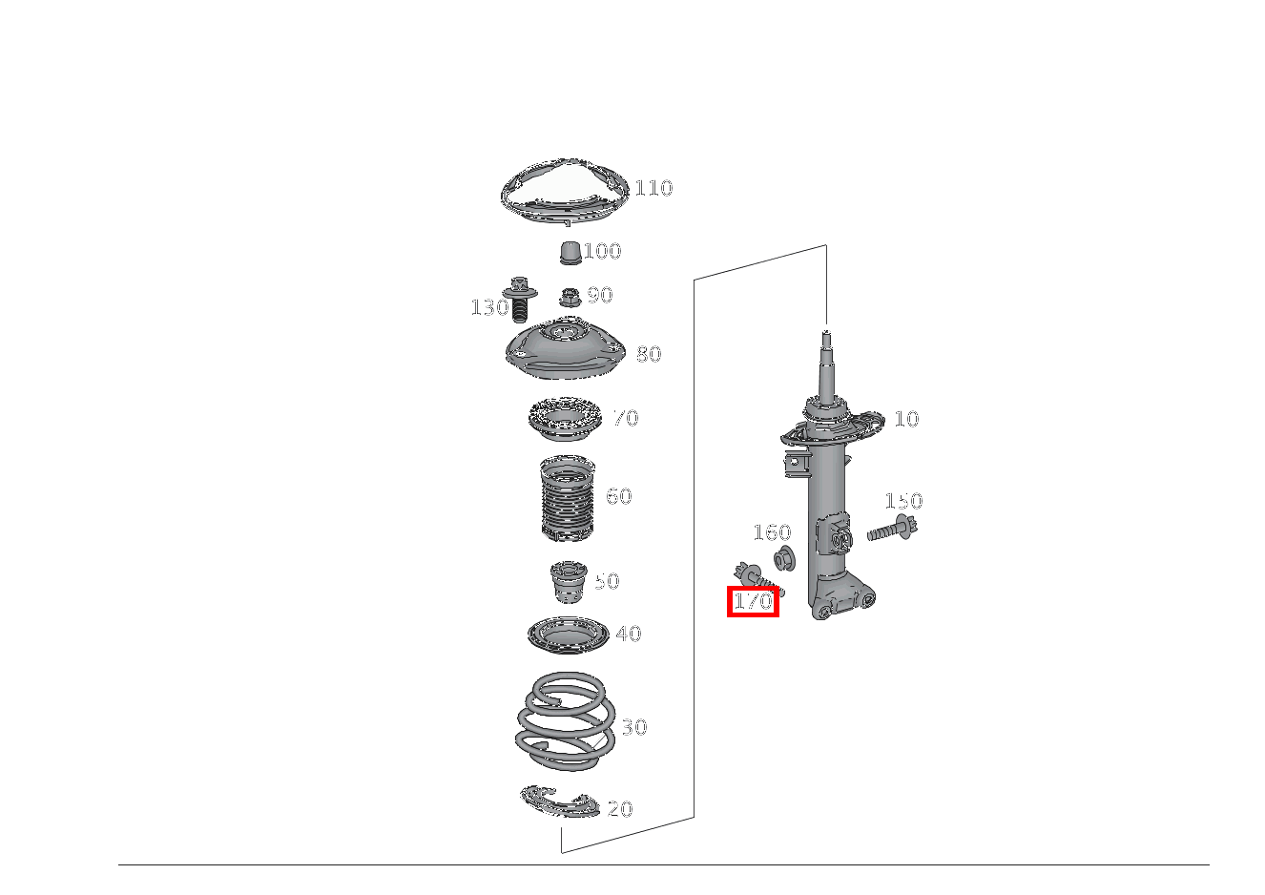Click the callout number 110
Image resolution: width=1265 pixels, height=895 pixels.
point(653,188)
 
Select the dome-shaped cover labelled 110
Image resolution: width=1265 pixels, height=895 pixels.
point(565,192)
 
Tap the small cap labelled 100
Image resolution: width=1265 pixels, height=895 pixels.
point(570,253)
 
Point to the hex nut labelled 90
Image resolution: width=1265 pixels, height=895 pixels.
point(570,297)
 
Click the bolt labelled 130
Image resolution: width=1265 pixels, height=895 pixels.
point(520,300)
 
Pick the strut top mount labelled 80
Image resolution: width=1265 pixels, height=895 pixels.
point(566,350)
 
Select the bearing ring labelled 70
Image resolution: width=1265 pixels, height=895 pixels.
point(565,419)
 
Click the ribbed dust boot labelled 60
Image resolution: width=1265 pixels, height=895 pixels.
point(568,498)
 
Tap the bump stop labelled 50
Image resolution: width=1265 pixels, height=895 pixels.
point(569,582)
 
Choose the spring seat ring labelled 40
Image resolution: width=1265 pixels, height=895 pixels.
point(569,635)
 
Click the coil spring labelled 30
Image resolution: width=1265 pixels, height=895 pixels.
point(566,721)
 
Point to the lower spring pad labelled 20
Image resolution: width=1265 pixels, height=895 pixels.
point(559,801)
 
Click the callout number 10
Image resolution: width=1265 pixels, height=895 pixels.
point(907,419)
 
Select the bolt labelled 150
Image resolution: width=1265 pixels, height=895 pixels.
point(892,529)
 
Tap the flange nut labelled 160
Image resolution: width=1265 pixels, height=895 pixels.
point(784,559)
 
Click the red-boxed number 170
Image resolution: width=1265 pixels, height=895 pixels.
point(753,601)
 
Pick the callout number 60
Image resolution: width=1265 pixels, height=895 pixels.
point(619,496)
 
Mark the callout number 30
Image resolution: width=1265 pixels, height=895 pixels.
point(634,727)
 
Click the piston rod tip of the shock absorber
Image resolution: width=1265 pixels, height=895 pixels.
point(826,333)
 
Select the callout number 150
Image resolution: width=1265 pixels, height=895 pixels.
point(903,501)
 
